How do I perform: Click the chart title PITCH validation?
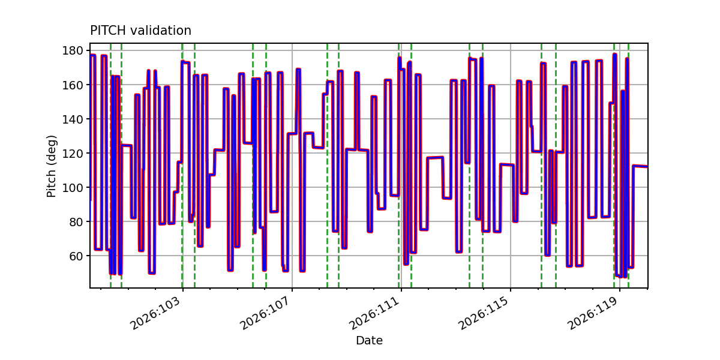pyautogui.click(x=140, y=31)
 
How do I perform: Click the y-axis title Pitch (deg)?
pyautogui.click(x=52, y=166)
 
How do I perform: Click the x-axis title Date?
pyautogui.click(x=369, y=340)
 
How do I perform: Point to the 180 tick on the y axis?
pyautogui.click(x=73, y=50)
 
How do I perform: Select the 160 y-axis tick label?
pyautogui.click(x=73, y=85)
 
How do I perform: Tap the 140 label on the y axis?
pyautogui.click(x=73, y=119)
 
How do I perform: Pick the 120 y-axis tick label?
pyautogui.click(x=73, y=154)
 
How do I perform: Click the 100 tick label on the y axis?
pyautogui.click(x=73, y=187)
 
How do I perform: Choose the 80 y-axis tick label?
pyautogui.click(x=76, y=222)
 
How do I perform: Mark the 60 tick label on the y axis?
pyautogui.click(x=76, y=256)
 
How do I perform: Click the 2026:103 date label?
pyautogui.click(x=155, y=313)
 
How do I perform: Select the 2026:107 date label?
pyautogui.click(x=265, y=313)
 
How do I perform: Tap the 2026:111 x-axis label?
pyautogui.click(x=374, y=313)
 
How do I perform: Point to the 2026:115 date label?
pyautogui.click(x=483, y=313)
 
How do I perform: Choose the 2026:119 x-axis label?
pyautogui.click(x=592, y=313)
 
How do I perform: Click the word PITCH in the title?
pyautogui.click(x=108, y=31)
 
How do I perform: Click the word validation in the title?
pyautogui.click(x=161, y=31)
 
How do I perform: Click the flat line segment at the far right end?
pyautogui.click(x=640, y=166)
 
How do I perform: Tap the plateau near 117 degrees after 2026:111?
pyautogui.click(x=435, y=158)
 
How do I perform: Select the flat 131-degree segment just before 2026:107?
pyautogui.click(x=292, y=133)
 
